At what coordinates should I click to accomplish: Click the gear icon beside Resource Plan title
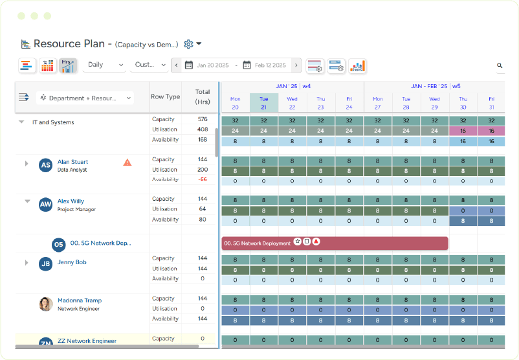coord(189,44)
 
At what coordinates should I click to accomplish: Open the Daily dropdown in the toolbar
coord(104,65)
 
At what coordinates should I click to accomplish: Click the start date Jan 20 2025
coord(212,65)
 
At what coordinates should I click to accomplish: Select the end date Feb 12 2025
coord(270,65)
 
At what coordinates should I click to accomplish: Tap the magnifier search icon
coord(500,65)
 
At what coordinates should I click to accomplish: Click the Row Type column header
coord(165,97)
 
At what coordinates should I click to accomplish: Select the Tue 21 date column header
coord(263,103)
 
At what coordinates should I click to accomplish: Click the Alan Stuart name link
coord(72,162)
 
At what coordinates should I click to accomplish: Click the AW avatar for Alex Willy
coord(45,205)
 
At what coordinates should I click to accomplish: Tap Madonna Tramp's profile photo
coord(45,304)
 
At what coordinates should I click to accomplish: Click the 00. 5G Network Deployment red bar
coord(335,243)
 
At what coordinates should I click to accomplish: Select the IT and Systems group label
coord(53,122)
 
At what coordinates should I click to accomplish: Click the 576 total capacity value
coord(203,119)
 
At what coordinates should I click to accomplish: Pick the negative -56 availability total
coord(203,179)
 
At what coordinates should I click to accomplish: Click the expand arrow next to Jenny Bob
coord(27,263)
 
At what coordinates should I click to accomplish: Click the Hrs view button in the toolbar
coord(67,65)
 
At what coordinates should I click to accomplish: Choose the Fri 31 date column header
coord(491,103)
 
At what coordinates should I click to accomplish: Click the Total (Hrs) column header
coord(203,97)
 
